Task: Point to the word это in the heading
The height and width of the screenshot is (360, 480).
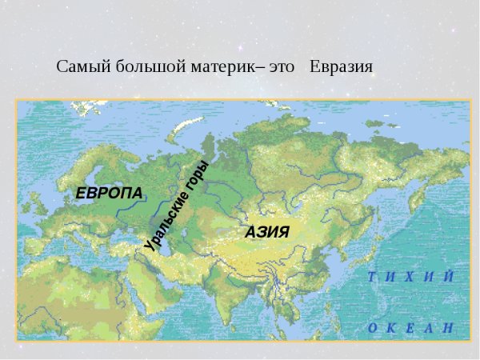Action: pyautogui.click(x=282, y=66)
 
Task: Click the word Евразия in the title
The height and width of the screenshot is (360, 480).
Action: pyautogui.click(x=342, y=66)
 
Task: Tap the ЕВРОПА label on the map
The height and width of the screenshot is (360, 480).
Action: pyautogui.click(x=109, y=193)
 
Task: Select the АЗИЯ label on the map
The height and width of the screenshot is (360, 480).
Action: pyautogui.click(x=266, y=231)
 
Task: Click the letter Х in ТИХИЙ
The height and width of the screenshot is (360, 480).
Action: pyautogui.click(x=409, y=277)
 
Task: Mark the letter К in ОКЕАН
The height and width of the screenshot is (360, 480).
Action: pyautogui.click(x=391, y=327)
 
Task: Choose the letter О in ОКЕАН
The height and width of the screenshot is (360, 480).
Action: pyautogui.click(x=372, y=327)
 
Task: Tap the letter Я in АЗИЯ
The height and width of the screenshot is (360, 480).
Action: pyautogui.click(x=282, y=231)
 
